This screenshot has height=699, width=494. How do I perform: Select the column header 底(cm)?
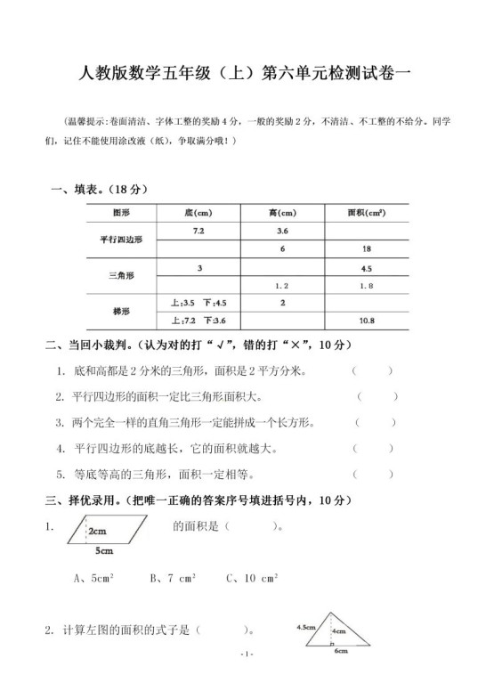[x=197, y=214]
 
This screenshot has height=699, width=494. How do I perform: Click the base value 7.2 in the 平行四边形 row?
[x=197, y=231]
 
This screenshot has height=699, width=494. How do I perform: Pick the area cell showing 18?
[x=366, y=248]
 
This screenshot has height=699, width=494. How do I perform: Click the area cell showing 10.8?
[x=366, y=321]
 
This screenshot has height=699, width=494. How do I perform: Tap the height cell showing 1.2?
[x=282, y=286]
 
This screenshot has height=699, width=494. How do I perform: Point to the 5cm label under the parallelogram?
[x=103, y=551]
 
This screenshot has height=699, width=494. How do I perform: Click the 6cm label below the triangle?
[x=340, y=652]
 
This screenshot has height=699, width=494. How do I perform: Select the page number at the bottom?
[x=247, y=679]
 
